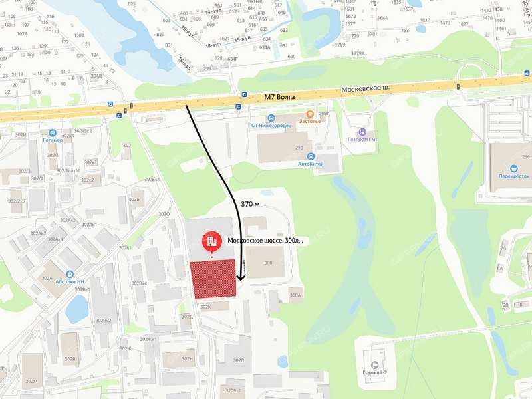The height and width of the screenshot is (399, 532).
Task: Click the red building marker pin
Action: point(212,240)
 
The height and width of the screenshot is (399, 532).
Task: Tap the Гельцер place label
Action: point(52,140)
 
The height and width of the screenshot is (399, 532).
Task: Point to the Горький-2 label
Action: point(375,373)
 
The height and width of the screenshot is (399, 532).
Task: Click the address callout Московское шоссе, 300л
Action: point(265,240)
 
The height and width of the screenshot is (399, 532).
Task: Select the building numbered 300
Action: point(268,263)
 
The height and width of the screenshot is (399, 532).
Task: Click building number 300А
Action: point(295,294)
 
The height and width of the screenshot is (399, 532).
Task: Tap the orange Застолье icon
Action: point(310,114)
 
